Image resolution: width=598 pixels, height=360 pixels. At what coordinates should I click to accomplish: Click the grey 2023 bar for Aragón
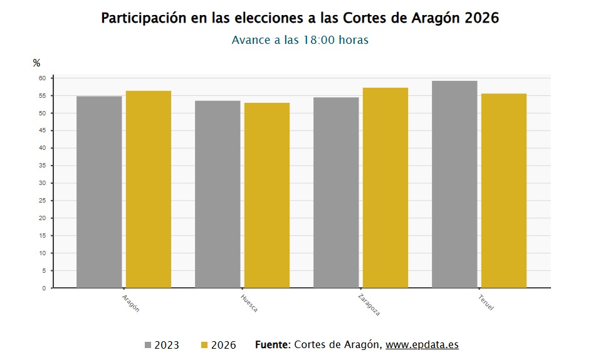click(x=99, y=192)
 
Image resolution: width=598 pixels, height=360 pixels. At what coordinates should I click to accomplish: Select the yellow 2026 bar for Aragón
click(x=149, y=189)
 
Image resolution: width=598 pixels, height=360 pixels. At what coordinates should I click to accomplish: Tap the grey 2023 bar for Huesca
click(x=218, y=194)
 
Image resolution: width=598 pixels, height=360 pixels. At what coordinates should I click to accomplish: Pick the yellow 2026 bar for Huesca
click(x=267, y=195)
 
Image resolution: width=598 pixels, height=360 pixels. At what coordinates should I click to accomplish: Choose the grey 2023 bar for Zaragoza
click(x=336, y=193)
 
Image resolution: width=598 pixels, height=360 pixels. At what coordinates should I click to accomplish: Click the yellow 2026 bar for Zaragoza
click(x=386, y=188)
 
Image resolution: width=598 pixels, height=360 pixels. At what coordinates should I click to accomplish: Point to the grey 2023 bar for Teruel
click(x=454, y=184)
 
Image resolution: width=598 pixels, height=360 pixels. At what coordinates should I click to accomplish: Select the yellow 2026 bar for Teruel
click(x=504, y=191)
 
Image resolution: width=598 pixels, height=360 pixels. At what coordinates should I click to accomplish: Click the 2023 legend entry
click(x=162, y=345)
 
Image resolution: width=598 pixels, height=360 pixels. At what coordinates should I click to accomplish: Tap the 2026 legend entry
click(x=218, y=345)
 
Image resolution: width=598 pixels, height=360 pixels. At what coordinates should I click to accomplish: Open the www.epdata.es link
click(x=422, y=344)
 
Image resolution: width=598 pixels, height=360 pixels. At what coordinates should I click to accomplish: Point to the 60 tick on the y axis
click(x=43, y=78)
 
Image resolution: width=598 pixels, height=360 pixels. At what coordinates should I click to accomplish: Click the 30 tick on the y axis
click(x=43, y=183)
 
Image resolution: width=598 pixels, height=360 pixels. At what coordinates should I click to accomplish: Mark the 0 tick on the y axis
click(x=44, y=289)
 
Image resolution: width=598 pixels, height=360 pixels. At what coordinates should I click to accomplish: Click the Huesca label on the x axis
click(x=249, y=302)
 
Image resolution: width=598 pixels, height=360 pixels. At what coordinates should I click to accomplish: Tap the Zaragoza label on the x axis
click(x=369, y=304)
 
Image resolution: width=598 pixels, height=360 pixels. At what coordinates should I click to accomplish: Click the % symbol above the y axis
click(x=36, y=63)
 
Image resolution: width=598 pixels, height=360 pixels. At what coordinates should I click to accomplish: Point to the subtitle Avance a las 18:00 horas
click(x=300, y=40)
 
